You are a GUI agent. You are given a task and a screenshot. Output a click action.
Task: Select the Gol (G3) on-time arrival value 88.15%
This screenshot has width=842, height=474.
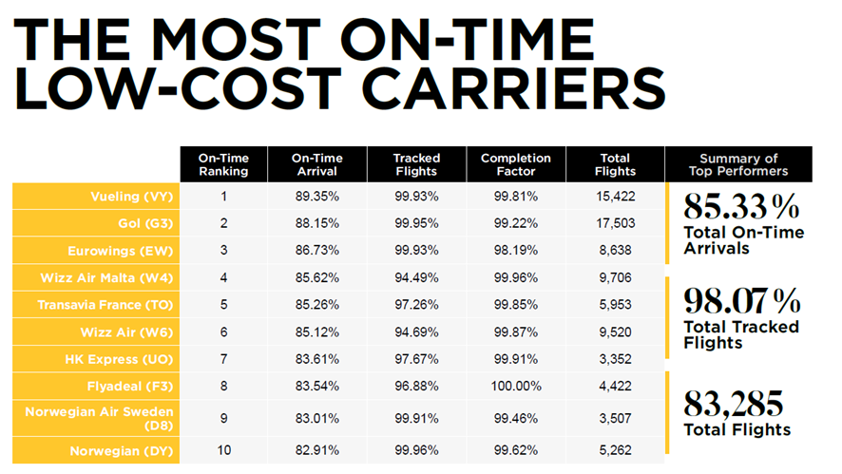(x=316, y=224)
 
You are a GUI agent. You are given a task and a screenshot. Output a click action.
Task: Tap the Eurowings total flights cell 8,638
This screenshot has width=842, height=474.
(x=615, y=252)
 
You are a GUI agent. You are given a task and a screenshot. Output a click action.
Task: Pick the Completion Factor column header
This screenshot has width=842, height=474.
(x=515, y=164)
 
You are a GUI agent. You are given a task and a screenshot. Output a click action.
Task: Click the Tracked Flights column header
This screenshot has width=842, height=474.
(x=414, y=164)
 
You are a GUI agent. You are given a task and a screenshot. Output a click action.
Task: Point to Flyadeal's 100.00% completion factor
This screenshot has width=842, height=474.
(x=515, y=388)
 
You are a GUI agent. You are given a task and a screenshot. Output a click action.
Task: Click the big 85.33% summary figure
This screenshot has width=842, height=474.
(x=742, y=206)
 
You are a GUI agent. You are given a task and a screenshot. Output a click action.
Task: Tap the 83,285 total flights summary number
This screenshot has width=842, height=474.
(x=734, y=404)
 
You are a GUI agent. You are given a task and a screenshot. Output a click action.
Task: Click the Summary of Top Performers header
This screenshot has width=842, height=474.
(x=738, y=164)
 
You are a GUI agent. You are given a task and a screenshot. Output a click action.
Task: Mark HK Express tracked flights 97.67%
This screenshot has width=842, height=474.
(x=414, y=360)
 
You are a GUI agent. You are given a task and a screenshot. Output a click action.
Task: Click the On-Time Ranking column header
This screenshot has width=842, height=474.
(x=223, y=164)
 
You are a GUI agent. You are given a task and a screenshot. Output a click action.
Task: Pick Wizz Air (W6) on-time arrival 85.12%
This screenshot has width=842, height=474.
(x=316, y=332)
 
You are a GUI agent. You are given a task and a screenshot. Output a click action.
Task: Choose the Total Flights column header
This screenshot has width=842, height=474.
(x=615, y=164)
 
